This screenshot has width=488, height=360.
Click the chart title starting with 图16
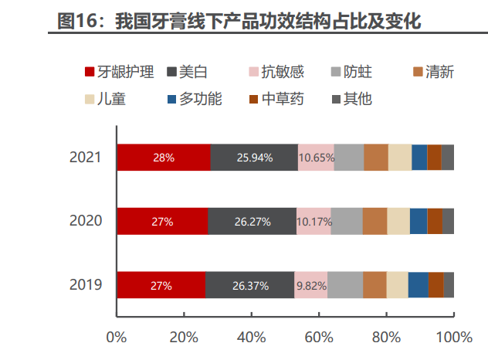click(239, 21)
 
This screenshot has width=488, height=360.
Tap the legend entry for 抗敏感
click(276, 73)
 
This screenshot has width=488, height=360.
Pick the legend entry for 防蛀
click(354, 73)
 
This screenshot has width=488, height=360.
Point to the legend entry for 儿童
click(106, 99)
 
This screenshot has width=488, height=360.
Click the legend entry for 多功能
click(193, 99)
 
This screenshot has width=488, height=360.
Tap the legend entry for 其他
click(351, 99)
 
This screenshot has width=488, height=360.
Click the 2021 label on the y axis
click(85, 157)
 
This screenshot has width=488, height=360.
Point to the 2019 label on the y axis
click(85, 285)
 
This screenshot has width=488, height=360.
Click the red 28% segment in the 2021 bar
click(163, 157)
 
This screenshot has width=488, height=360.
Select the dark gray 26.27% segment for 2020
click(252, 221)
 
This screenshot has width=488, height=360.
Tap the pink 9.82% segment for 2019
click(311, 285)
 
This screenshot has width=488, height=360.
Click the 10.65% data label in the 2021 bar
click(317, 158)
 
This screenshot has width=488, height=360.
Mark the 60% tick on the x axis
click(319, 337)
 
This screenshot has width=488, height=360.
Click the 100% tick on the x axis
click(453, 337)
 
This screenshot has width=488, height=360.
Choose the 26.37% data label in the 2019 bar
click(250, 286)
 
